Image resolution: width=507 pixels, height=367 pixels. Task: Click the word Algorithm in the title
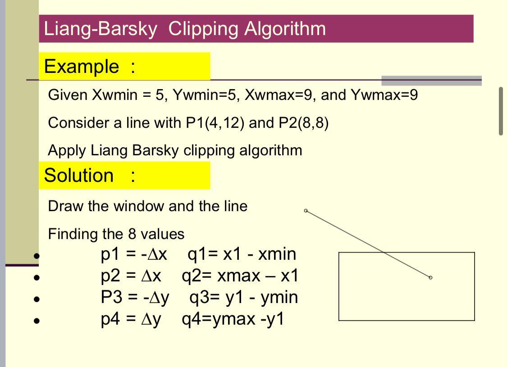pos(285,29)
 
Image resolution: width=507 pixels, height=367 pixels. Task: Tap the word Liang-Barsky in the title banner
pos(100,29)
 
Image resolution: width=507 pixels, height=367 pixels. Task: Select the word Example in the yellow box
pos(82,67)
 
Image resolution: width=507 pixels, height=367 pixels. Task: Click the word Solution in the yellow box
pos(78,176)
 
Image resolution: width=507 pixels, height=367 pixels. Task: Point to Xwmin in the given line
pos(115,95)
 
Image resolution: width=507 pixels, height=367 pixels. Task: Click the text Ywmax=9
pos(384,95)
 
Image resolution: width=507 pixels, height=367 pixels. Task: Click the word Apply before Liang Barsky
pos(67,151)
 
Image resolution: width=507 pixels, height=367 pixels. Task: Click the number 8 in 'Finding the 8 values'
pos(132,234)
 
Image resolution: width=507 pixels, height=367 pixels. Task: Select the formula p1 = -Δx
pos(133,254)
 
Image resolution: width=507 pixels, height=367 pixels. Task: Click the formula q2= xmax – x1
pos(240,276)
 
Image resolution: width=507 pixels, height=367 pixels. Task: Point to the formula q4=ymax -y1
pos(233,319)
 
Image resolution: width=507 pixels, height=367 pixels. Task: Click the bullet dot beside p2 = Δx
pos(37,277)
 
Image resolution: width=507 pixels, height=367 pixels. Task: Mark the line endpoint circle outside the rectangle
pos(306,211)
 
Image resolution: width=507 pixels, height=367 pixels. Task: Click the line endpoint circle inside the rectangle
pos(430,277)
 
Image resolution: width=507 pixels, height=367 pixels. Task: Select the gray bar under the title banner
pos(431,81)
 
